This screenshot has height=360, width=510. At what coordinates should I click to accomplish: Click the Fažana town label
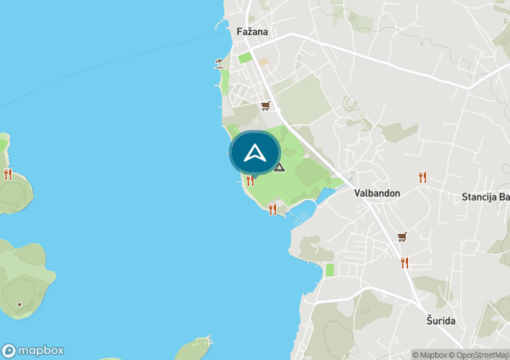[x=253, y=32]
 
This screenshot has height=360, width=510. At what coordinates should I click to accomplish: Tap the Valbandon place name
[x=377, y=194]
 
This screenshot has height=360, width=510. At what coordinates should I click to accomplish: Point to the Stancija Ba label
[x=485, y=197]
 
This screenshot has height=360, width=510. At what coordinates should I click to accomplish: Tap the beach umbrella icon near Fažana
[x=219, y=63]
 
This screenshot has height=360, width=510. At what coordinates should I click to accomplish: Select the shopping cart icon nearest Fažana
[x=265, y=106]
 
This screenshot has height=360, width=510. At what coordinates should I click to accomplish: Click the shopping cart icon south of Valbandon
[x=401, y=237]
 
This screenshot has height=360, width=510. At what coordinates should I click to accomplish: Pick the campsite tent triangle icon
[x=279, y=167]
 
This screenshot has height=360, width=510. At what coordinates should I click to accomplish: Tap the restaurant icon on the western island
[x=8, y=173]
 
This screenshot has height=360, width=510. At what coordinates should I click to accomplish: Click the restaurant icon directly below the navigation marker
[x=250, y=181]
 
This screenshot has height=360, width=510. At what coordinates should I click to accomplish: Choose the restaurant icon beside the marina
[x=272, y=209]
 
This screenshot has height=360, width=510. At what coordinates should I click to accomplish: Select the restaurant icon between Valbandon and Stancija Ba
[x=423, y=177]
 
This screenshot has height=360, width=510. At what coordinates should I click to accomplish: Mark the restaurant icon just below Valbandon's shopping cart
[x=404, y=262]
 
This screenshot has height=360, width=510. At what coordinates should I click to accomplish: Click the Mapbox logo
[x=34, y=350]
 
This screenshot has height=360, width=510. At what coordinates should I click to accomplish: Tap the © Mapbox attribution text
[x=429, y=355]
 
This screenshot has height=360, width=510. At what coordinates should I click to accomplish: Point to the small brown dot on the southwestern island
[x=20, y=304]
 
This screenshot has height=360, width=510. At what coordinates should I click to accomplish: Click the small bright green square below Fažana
[x=244, y=57]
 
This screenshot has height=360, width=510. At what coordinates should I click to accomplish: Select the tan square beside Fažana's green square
[x=263, y=62]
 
